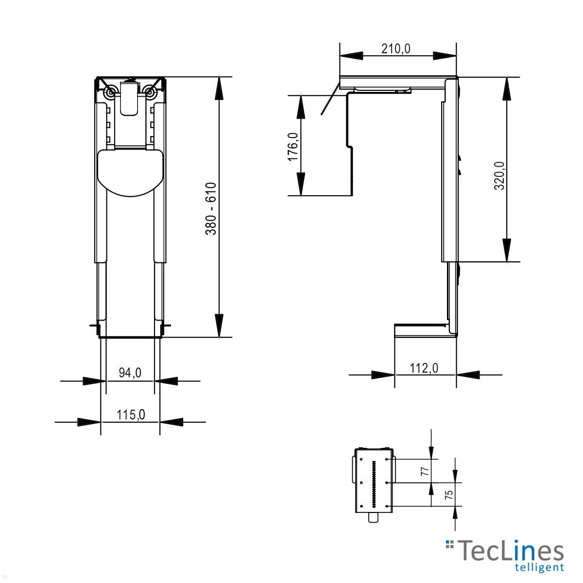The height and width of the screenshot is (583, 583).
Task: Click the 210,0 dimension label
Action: [x=395, y=49]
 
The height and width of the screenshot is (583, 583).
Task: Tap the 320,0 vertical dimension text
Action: [x=499, y=175]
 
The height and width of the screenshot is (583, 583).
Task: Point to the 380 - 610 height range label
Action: [x=210, y=209]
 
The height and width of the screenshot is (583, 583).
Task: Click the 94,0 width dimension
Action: [x=130, y=373]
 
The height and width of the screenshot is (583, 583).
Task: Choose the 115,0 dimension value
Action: [x=131, y=414]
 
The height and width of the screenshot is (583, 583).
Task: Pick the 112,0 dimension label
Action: [x=424, y=368]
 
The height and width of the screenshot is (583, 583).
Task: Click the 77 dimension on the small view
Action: [x=424, y=471]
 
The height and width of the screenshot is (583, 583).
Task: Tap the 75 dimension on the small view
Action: [x=449, y=495]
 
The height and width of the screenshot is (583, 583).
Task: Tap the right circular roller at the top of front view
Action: [x=150, y=91]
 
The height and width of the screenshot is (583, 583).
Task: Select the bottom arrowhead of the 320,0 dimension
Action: [x=507, y=250]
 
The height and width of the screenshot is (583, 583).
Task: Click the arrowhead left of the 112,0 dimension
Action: [x=383, y=375]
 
